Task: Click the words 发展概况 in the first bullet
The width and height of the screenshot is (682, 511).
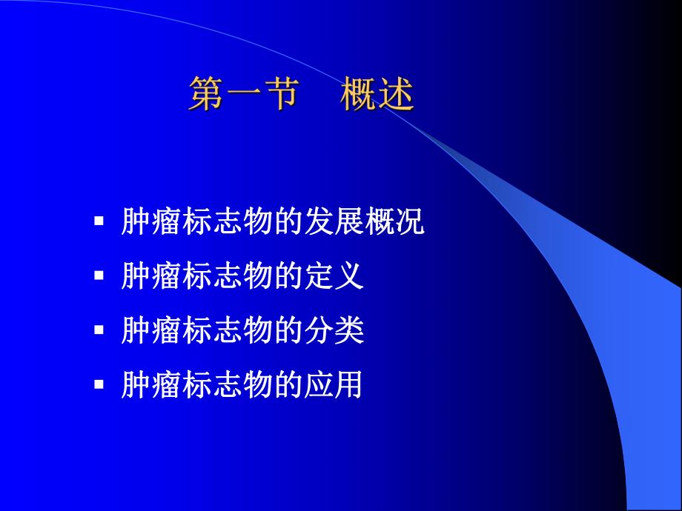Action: [364, 221]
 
